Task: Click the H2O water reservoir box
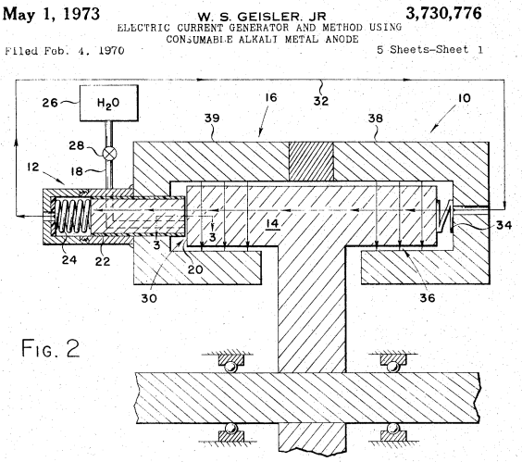(109, 103)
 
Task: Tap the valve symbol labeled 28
(109, 153)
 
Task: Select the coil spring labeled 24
(73, 215)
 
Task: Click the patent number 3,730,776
(443, 13)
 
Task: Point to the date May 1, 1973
(51, 14)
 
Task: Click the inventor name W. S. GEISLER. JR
(262, 17)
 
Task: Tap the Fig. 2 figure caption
(51, 348)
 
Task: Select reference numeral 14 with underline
(273, 224)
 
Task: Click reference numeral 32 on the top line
(321, 101)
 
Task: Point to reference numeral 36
(427, 298)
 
